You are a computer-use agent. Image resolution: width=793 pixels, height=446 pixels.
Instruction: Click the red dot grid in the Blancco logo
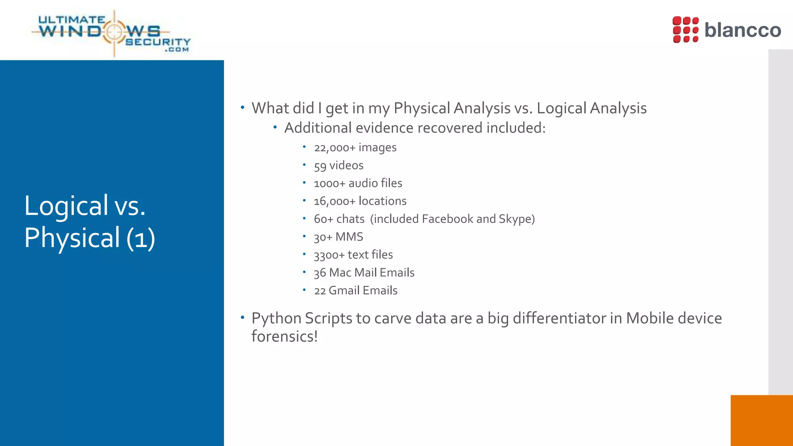tap(685, 30)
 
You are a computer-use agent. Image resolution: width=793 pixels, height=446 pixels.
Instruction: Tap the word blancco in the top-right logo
tap(742, 30)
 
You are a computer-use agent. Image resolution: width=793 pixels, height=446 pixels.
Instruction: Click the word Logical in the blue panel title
tap(66, 206)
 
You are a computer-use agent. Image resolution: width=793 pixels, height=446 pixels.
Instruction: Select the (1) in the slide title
tap(141, 238)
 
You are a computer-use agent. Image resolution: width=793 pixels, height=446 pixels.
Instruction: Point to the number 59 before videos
tap(320, 166)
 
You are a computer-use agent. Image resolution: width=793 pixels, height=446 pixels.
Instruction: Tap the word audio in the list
tap(363, 183)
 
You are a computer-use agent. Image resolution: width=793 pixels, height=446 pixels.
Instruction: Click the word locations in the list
tap(382, 201)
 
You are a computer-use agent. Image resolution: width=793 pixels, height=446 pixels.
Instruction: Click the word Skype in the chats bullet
tap(514, 219)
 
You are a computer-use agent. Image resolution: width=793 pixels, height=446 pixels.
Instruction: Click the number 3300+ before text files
tap(329, 255)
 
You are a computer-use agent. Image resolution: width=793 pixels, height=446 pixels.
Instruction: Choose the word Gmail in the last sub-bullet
tap(344, 290)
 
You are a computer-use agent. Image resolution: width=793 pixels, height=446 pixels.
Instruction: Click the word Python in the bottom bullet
tap(276, 319)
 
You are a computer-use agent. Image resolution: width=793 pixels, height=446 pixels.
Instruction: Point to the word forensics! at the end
tap(284, 336)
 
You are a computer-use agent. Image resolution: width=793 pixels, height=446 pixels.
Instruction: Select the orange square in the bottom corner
tap(761, 420)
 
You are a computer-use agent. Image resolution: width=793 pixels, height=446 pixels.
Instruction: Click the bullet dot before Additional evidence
tap(275, 127)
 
